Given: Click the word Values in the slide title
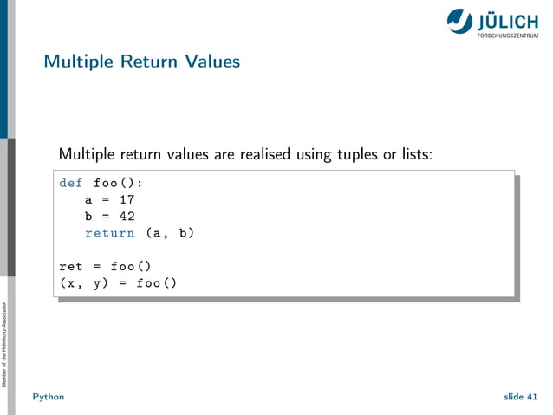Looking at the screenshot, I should pos(212,62).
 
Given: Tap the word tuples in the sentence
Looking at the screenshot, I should pos(354,155).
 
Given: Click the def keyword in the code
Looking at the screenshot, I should pos(71,184).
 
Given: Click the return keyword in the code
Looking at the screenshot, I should pos(109,233).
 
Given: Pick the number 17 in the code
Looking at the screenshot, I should pos(127,200).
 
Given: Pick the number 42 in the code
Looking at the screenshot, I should pos(127,217).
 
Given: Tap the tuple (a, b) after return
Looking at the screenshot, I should pos(169,233).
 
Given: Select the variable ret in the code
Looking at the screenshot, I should pos(71,266).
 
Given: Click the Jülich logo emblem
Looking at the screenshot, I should pos(460,21).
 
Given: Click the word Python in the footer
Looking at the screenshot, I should pos(48,396).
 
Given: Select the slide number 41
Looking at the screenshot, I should pos(531,396).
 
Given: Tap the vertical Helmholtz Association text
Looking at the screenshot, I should pos(6,344).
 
